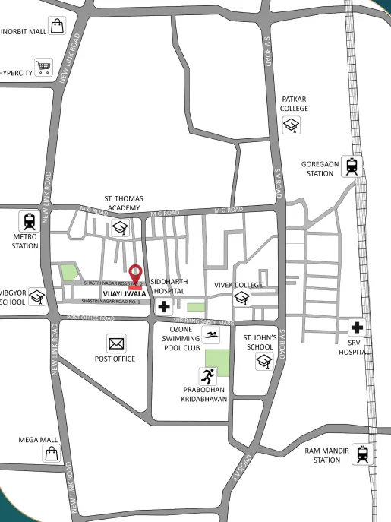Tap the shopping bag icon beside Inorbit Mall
click(58, 27)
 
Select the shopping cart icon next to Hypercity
click(43, 68)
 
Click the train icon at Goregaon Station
click(351, 166)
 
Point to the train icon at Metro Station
click(29, 221)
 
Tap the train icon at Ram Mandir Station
click(362, 454)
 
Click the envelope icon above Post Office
click(115, 343)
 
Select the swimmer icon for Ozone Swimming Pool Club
click(211, 336)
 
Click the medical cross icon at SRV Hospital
click(358, 328)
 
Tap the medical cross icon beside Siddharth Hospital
click(163, 307)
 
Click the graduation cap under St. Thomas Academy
click(120, 227)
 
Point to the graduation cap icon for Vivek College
click(242, 299)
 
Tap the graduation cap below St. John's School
click(263, 362)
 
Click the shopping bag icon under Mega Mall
click(51, 454)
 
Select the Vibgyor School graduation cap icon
click(37, 297)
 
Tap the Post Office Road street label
click(90, 318)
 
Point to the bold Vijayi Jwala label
click(125, 293)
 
